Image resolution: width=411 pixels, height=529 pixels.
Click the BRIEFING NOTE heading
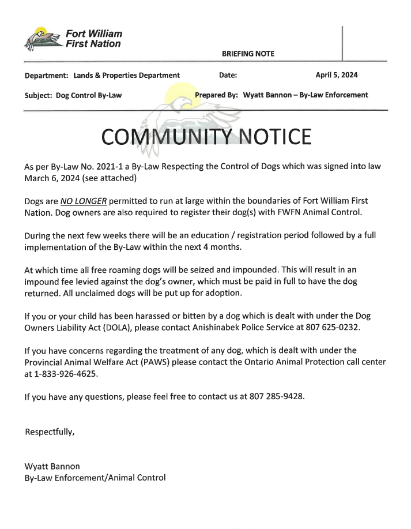click(x=248, y=54)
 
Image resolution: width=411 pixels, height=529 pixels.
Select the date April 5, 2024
click(x=337, y=75)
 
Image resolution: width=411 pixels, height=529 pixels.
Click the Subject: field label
click(x=39, y=95)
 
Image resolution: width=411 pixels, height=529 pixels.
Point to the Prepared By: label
click(x=217, y=95)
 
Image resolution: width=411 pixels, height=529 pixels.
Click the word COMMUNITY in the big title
click(x=167, y=137)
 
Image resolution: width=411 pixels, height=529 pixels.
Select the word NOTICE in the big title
click(x=274, y=137)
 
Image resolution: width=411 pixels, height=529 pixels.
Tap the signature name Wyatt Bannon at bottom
click(x=52, y=466)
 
